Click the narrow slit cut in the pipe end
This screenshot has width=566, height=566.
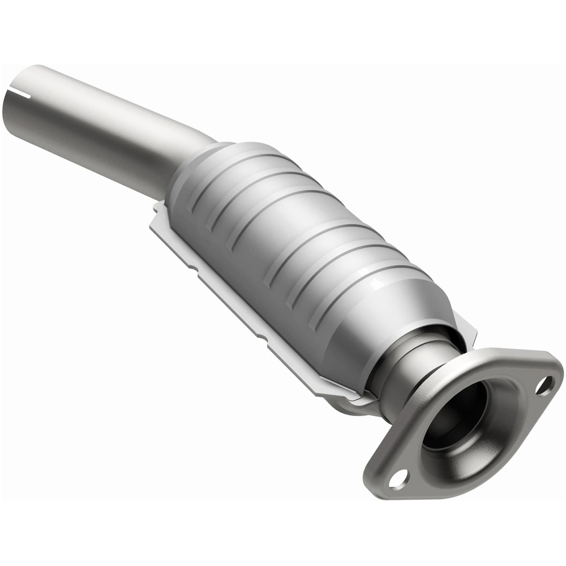[22, 91]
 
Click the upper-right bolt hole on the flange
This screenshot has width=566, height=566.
[544, 386]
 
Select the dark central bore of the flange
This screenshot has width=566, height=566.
[453, 419]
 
